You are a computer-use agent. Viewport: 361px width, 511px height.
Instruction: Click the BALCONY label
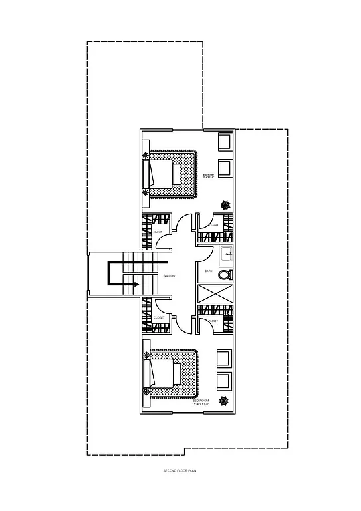tap(171, 275)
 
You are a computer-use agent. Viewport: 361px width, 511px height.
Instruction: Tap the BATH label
tap(208, 271)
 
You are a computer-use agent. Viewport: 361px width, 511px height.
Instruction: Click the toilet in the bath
tap(225, 274)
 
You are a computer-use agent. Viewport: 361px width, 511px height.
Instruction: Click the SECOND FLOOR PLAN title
tap(181, 471)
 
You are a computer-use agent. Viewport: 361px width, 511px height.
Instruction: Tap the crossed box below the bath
tap(216, 293)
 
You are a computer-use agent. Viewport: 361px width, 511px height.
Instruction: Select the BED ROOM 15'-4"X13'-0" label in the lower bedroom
tap(201, 403)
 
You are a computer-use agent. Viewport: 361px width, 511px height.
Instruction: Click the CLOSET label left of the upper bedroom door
tap(158, 232)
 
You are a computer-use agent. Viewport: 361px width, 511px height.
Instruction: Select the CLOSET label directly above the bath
tap(213, 226)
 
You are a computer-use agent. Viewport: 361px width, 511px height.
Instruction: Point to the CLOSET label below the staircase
tap(159, 318)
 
